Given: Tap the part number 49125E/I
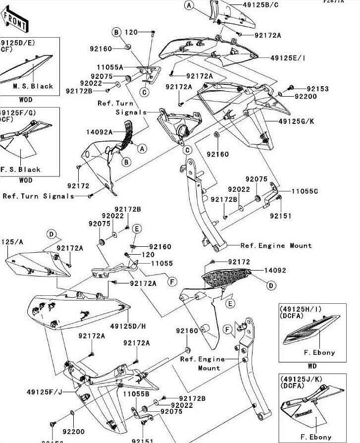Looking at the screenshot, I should pyautogui.click(x=288, y=58).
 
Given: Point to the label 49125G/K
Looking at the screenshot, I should pyautogui.click(x=296, y=120).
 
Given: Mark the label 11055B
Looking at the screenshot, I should pyautogui.click(x=136, y=394).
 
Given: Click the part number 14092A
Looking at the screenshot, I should pyautogui.click(x=100, y=132).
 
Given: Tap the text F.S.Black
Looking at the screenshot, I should pyautogui.click(x=20, y=169).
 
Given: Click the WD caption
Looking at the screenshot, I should pyautogui.click(x=312, y=367).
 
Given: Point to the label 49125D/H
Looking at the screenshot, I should pyautogui.click(x=128, y=326).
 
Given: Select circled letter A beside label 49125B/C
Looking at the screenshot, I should pyautogui.click(x=189, y=5).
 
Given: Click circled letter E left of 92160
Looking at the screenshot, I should pyautogui.click(x=137, y=228).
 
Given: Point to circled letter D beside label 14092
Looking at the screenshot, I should pyautogui.click(x=271, y=285).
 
